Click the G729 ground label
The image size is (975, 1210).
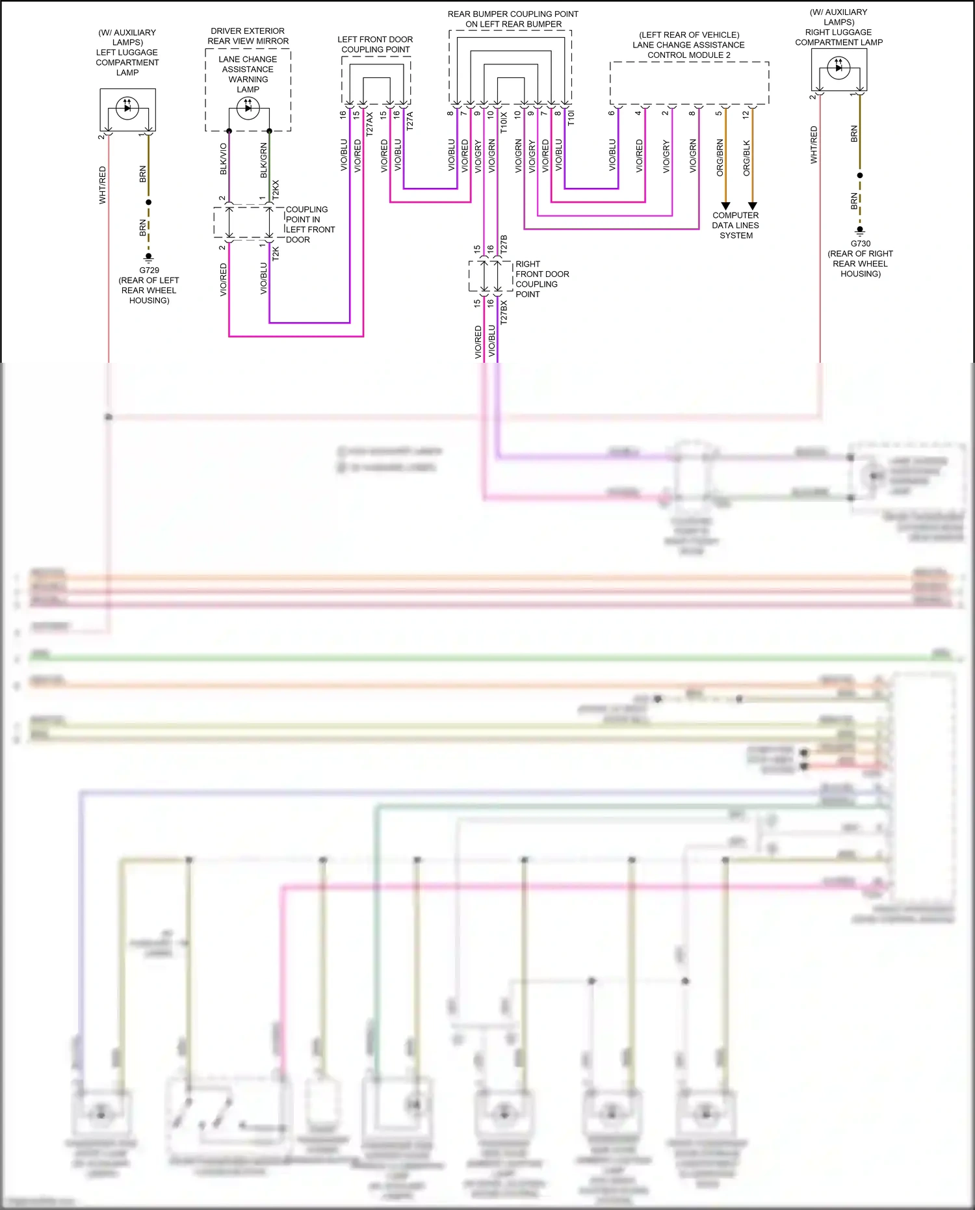149,270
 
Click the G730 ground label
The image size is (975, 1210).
860,244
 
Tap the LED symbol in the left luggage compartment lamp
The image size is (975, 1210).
127,107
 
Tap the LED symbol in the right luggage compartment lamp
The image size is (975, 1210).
838,67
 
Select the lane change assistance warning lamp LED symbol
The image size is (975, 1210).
248,108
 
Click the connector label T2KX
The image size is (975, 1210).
276,189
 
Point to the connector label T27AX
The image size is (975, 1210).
370,124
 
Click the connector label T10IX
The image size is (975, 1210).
504,123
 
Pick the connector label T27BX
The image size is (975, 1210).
504,312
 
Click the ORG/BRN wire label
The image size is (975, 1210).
720,157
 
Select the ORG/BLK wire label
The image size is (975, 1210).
747,158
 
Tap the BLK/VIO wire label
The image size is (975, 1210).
224,159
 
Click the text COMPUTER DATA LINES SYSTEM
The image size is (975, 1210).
736,225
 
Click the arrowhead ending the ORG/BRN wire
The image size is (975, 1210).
726,206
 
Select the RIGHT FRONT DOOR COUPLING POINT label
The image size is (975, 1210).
541,279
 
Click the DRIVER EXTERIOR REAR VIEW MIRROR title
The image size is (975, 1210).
248,36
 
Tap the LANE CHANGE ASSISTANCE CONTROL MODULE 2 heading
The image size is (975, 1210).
689,45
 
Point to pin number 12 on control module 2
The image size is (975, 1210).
746,114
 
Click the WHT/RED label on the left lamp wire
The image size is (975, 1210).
103,185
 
